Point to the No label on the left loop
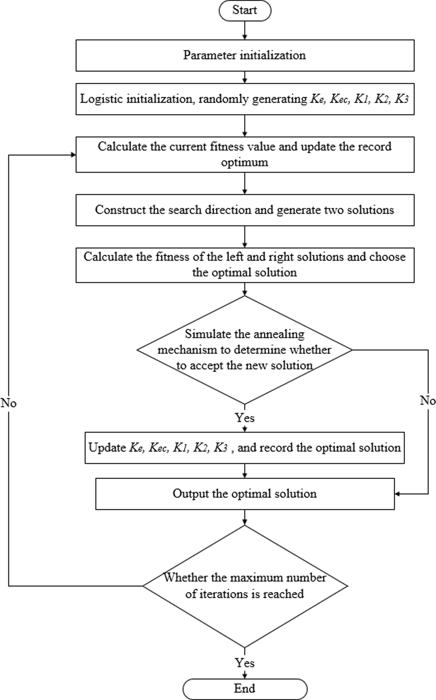pos(9,403)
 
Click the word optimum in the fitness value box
pos(244,162)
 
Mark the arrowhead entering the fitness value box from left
pos(73,155)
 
